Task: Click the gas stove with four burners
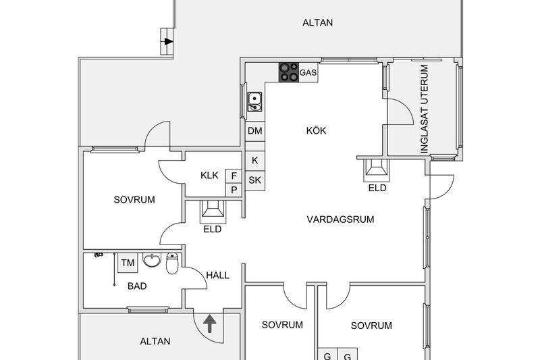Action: pyautogui.click(x=289, y=72)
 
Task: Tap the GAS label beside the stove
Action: pyautogui.click(x=308, y=72)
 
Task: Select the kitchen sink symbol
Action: pyautogui.click(x=254, y=101)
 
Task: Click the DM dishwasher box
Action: pyautogui.click(x=254, y=130)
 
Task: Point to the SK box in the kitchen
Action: pyautogui.click(x=254, y=180)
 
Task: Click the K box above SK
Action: pyautogui.click(x=254, y=160)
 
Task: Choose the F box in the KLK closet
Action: pyautogui.click(x=234, y=176)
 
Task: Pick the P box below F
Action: pyautogui.click(x=234, y=190)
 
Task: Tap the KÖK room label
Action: pyautogui.click(x=315, y=130)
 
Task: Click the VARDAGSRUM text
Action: pyautogui.click(x=340, y=220)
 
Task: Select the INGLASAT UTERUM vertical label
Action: pyautogui.click(x=425, y=109)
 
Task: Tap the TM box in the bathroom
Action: pyautogui.click(x=127, y=262)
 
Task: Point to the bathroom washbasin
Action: pyautogui.click(x=153, y=261)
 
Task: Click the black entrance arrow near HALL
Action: pyautogui.click(x=209, y=324)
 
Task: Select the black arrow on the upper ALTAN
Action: pyautogui.click(x=167, y=42)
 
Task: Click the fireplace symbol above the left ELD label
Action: pyautogui.click(x=214, y=211)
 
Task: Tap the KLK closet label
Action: pyautogui.click(x=209, y=176)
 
